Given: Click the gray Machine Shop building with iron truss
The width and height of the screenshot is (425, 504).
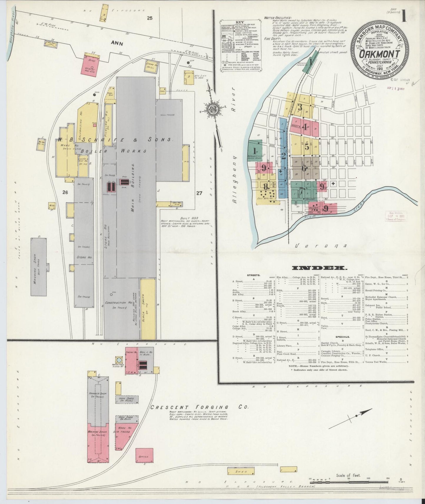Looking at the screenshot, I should click(x=39, y=267).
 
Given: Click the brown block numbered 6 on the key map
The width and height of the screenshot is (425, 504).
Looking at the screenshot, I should click(x=304, y=168).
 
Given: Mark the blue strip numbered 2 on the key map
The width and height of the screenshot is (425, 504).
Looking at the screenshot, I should click(x=283, y=156).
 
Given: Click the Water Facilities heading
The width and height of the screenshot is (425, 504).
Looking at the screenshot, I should click(x=278, y=18).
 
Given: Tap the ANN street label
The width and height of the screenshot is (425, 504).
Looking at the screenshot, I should click(x=117, y=43).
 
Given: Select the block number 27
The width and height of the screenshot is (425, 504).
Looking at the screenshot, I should click(x=199, y=193).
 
